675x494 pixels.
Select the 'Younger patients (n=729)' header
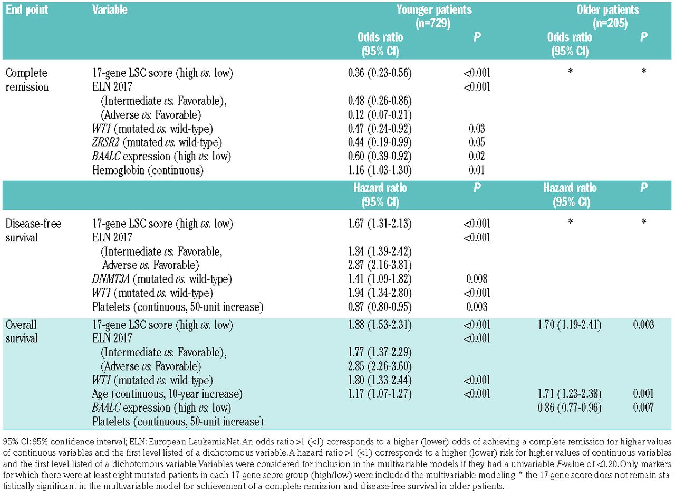435,16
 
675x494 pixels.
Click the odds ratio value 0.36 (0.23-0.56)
380,73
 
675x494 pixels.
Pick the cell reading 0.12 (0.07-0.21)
380,115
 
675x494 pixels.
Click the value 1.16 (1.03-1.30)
380,170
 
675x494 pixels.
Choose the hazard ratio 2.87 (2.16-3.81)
380,265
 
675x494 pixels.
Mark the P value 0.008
477,279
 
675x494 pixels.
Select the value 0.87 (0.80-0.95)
380,306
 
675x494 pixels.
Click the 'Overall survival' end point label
22,332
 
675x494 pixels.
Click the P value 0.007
643,408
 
